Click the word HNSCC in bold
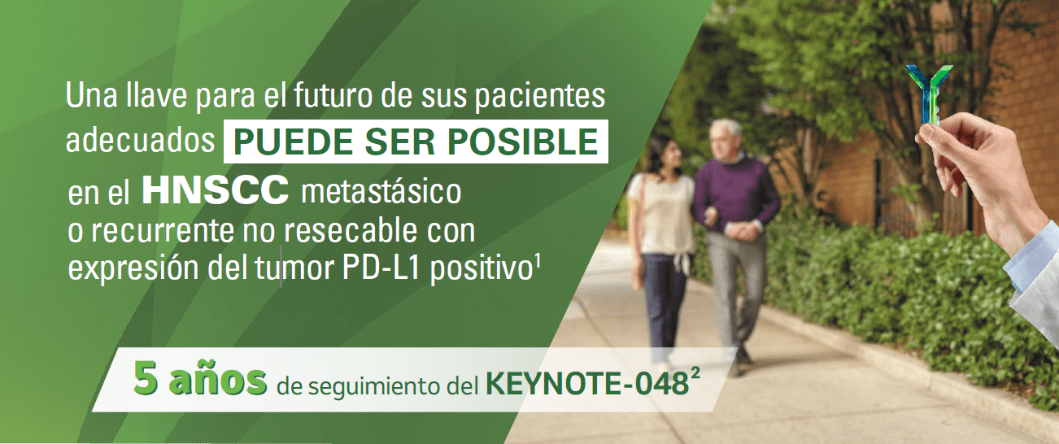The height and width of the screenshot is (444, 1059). pyautogui.click(x=215, y=192)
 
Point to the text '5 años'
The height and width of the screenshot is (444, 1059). pyautogui.click(x=200, y=378)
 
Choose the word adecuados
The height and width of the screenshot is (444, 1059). pyautogui.click(x=137, y=142)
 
